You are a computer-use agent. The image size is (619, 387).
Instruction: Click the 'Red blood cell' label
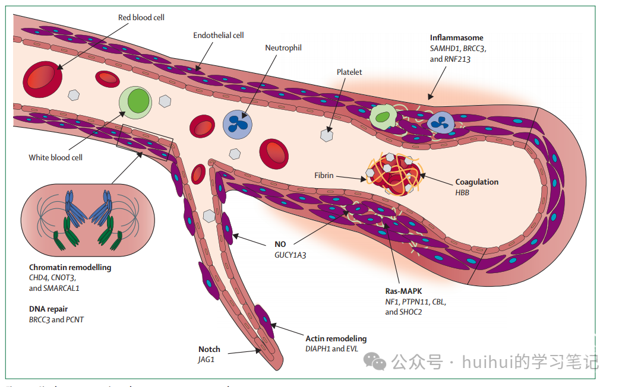pyautogui.click(x=141, y=18)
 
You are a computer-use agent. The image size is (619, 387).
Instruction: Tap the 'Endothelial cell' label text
pyautogui.click(x=218, y=36)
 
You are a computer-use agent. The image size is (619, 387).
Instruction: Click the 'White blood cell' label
pyautogui.click(x=55, y=158)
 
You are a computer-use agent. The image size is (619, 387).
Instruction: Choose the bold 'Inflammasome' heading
pyautogui.click(x=456, y=38)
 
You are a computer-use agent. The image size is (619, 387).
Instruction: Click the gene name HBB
pyautogui.click(x=462, y=193)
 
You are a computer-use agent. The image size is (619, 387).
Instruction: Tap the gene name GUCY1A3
pyautogui.click(x=290, y=255)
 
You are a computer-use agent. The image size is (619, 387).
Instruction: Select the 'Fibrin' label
pyautogui.click(x=324, y=176)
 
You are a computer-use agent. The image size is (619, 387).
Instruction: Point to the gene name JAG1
pyautogui.click(x=206, y=360)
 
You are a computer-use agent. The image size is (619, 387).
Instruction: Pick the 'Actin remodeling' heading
pyautogui.click(x=336, y=339)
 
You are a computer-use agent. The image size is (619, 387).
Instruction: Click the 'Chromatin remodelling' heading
pyautogui.click(x=70, y=268)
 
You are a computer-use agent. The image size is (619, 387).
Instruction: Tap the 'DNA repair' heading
pyautogui.click(x=49, y=309)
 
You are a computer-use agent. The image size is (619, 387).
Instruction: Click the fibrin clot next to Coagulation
pyautogui.click(x=395, y=173)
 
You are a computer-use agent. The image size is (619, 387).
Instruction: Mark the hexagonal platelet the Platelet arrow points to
pyautogui.click(x=326, y=135)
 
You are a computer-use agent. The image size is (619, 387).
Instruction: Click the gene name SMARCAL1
pyautogui.click(x=61, y=288)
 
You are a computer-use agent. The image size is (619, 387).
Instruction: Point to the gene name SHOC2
pyautogui.click(x=410, y=312)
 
